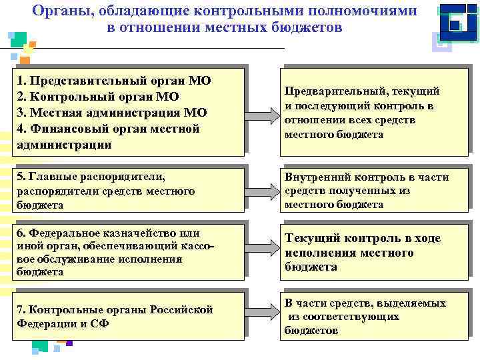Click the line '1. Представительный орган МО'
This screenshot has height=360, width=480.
point(113,81)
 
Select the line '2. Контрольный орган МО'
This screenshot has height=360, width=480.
point(98,97)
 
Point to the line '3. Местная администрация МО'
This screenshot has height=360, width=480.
point(111,113)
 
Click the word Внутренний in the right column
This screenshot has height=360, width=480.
point(315,177)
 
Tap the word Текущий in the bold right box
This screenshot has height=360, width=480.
point(312,238)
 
